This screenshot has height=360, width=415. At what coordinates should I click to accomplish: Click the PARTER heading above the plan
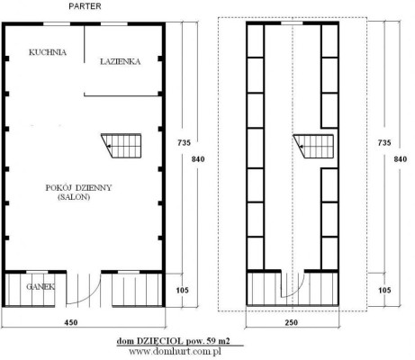pyautogui.click(x=85, y=6)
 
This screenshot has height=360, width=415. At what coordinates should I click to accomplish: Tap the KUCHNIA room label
pyautogui.click(x=48, y=52)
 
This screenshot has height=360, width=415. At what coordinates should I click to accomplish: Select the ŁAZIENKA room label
pyautogui.click(x=120, y=61)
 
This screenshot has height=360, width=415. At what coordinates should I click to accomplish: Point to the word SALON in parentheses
pyautogui.click(x=74, y=197)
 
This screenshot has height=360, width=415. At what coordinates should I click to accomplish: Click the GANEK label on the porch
pyautogui.click(x=41, y=287)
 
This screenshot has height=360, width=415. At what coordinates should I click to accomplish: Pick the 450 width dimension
pyautogui.click(x=71, y=322)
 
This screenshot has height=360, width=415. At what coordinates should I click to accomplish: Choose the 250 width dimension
pyautogui.click(x=292, y=322)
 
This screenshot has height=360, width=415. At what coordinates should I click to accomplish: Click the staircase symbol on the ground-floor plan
pyautogui.click(x=122, y=146)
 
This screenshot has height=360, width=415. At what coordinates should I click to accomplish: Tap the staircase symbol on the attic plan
pyautogui.click(x=313, y=147)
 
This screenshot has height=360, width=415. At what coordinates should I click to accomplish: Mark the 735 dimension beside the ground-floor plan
pyautogui.click(x=184, y=142)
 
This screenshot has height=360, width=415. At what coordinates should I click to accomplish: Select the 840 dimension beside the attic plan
pyautogui.click(x=401, y=159)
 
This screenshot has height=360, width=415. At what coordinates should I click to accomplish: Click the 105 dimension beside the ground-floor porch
pyautogui.click(x=183, y=290)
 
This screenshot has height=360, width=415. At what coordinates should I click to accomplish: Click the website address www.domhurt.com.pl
pyautogui.click(x=175, y=351)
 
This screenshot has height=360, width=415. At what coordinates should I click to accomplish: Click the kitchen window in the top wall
pyautogui.click(x=57, y=23)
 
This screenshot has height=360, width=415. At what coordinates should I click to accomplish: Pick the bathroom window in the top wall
pyautogui.click(x=114, y=23)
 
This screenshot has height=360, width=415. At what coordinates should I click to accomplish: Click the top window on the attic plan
pyautogui.click(x=292, y=22)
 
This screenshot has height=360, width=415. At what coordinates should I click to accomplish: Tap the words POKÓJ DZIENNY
pyautogui.click(x=78, y=188)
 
